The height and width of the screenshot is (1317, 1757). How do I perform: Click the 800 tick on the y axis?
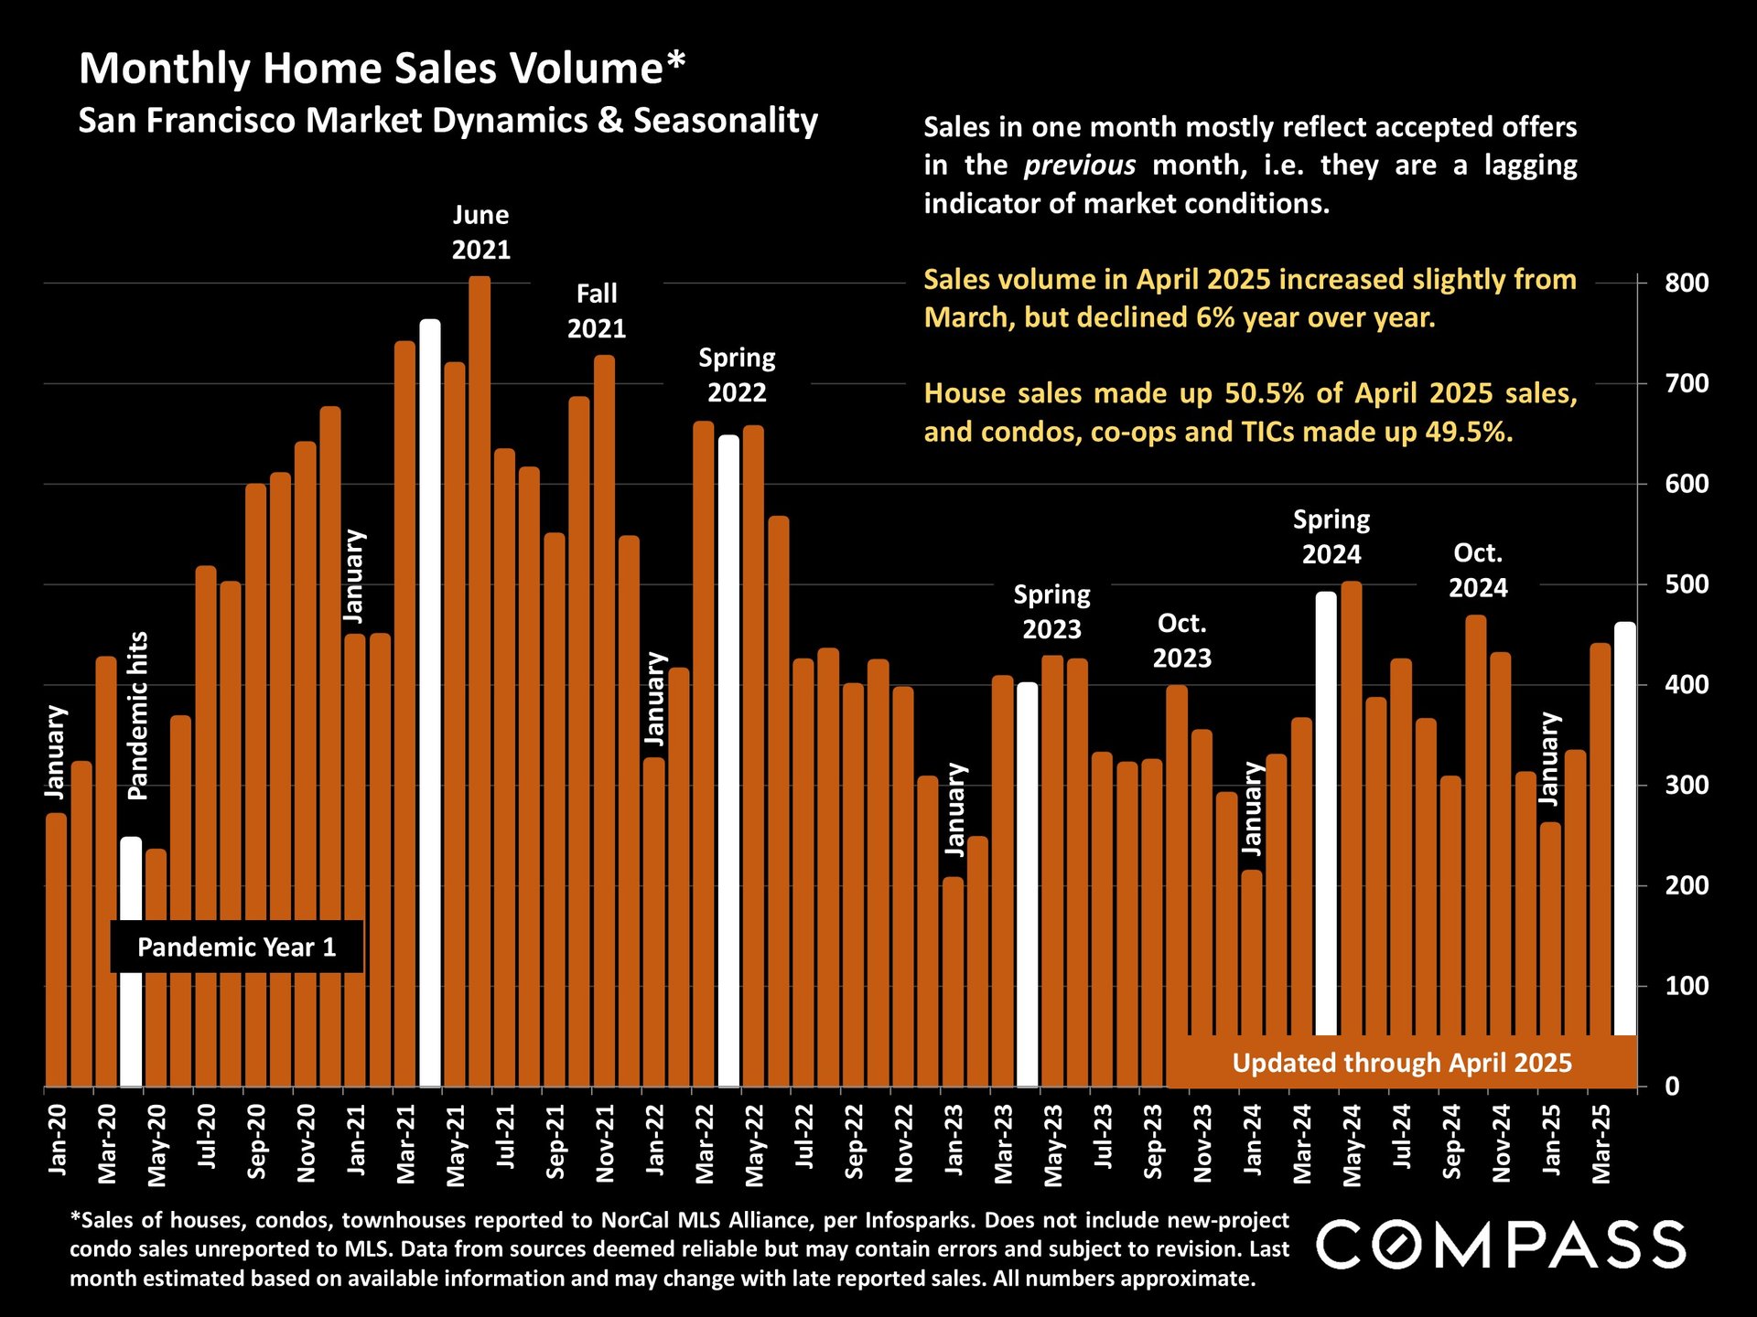point(1687,284)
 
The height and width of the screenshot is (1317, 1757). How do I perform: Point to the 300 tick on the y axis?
point(1687,786)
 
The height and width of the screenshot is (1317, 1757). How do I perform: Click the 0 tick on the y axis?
point(1673,1087)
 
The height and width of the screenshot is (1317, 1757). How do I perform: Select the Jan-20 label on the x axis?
point(58,1140)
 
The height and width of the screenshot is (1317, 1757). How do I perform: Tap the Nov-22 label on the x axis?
point(903,1143)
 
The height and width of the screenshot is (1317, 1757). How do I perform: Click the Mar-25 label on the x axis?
point(1601,1143)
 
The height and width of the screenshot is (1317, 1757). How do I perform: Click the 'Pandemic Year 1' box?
point(237,947)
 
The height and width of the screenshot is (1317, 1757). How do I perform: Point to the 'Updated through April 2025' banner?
point(1401,1063)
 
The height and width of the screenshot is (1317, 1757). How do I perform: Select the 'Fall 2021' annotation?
point(597,311)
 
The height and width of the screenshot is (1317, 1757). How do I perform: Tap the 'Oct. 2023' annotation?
point(1181,640)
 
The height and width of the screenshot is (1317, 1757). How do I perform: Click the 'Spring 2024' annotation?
point(1331,537)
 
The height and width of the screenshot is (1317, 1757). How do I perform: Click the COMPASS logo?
point(1501,1245)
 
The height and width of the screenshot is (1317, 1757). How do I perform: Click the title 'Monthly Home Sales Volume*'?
point(382,69)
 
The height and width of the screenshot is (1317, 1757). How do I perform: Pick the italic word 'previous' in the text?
point(1080,166)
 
